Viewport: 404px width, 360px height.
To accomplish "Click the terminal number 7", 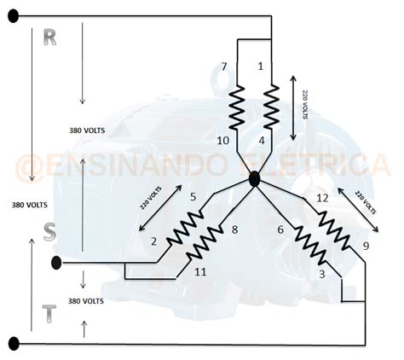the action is (224, 67).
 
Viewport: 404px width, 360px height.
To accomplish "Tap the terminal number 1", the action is (261, 67).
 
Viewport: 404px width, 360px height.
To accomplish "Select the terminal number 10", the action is (223, 141).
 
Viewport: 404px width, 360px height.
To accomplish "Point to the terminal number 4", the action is (262, 141).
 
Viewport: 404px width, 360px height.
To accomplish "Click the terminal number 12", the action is (322, 198).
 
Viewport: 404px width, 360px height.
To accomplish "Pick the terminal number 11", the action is (200, 272).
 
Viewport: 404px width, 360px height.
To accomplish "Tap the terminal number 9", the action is (366, 246).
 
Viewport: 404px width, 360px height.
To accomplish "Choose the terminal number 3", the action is (322, 274).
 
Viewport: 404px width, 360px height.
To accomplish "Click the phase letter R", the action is (50, 38).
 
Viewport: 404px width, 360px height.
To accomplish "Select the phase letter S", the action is (49, 232).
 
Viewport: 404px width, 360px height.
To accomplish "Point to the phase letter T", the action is (49, 314).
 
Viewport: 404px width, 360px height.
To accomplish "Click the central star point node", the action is (254, 179).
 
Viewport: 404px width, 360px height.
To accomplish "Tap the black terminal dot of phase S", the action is (56, 263).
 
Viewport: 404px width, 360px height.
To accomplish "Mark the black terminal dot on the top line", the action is (14, 16).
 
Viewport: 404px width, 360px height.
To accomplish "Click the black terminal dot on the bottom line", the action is (14, 344).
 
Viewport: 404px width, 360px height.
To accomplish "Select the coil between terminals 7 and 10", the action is (237, 107).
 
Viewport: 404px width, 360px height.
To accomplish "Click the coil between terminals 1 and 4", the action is (271, 107).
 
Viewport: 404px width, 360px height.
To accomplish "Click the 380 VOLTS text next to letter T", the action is (86, 301).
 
